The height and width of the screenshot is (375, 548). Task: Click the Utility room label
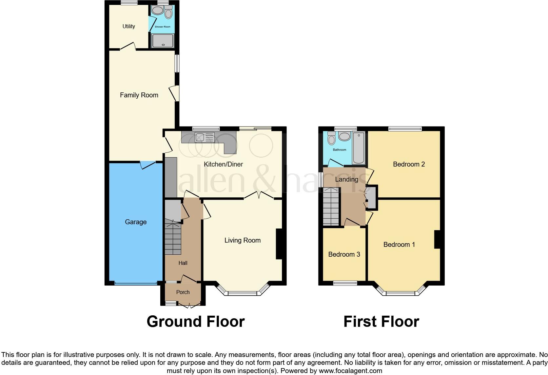128,26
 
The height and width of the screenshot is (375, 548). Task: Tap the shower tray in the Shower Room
163,41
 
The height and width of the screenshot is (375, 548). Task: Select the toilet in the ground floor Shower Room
168,13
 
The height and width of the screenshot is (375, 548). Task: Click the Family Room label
139,95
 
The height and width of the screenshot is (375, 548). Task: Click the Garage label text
136,222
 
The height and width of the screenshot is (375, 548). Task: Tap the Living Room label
242,240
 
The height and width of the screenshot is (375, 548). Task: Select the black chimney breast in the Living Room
279,244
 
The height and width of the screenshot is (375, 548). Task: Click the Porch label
183,292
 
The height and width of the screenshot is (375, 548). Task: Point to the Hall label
183,263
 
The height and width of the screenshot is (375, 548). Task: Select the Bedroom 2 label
409,164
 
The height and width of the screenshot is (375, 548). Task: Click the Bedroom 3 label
344,254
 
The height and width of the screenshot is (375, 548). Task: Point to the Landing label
346,179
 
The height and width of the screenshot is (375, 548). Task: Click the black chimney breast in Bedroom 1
437,239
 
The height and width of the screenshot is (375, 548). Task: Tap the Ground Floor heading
196,322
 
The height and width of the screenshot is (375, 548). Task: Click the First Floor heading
381,322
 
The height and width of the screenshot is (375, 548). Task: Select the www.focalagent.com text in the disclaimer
350,371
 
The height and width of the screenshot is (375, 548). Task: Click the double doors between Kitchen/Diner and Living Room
259,196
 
